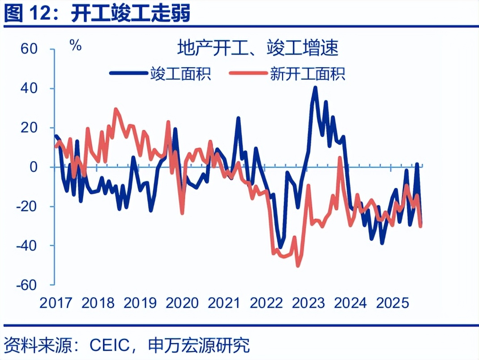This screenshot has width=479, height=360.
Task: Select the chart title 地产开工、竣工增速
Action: [257, 48]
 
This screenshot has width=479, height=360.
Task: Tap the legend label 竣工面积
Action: [181, 73]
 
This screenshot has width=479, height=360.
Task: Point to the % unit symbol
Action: [76, 45]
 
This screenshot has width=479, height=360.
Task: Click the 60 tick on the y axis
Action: [30, 49]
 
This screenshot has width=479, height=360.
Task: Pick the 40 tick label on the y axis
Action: [30, 88]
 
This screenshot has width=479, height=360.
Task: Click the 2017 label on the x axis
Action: [56, 303]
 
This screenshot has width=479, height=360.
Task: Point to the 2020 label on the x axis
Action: [182, 303]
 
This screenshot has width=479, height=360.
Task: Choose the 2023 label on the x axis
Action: [308, 303]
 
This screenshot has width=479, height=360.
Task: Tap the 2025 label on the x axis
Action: [393, 303]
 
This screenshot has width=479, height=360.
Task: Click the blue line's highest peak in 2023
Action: [315, 88]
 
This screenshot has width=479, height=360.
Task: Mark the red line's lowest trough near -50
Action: [298, 266]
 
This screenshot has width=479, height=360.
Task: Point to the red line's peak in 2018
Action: [116, 109]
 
